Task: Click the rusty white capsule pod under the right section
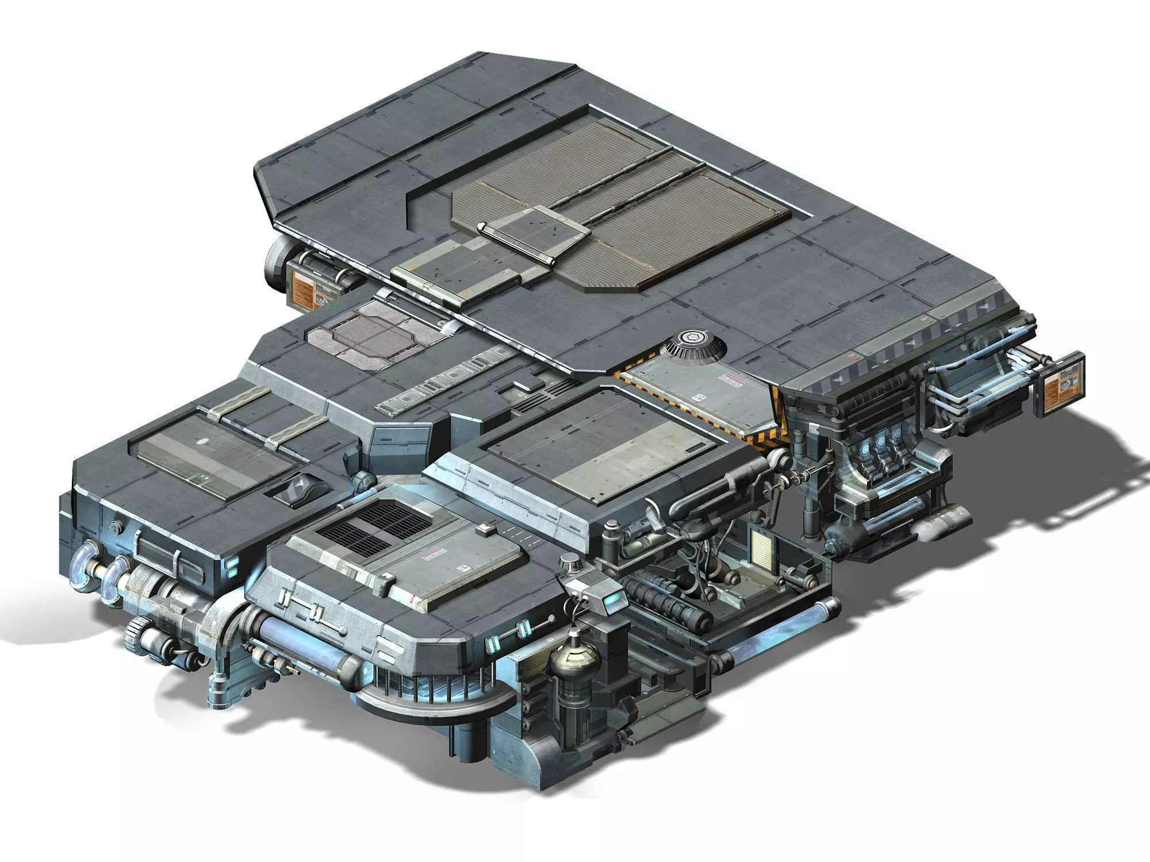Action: pyautogui.click(x=938, y=521)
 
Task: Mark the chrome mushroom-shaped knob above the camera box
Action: pyautogui.click(x=570, y=562)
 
